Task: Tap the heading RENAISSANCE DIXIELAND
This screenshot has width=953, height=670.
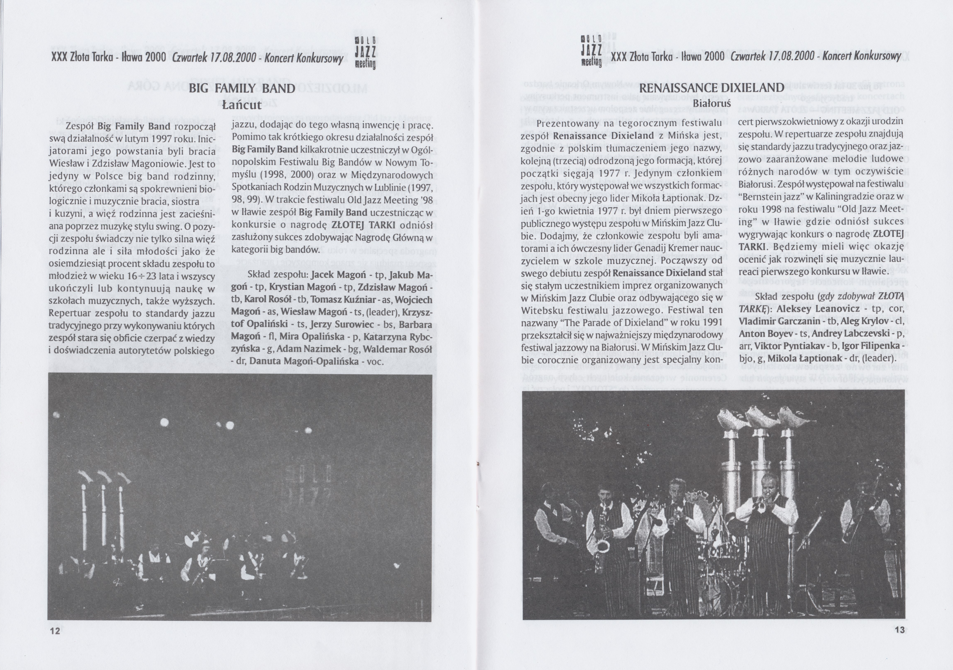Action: click(711, 88)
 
